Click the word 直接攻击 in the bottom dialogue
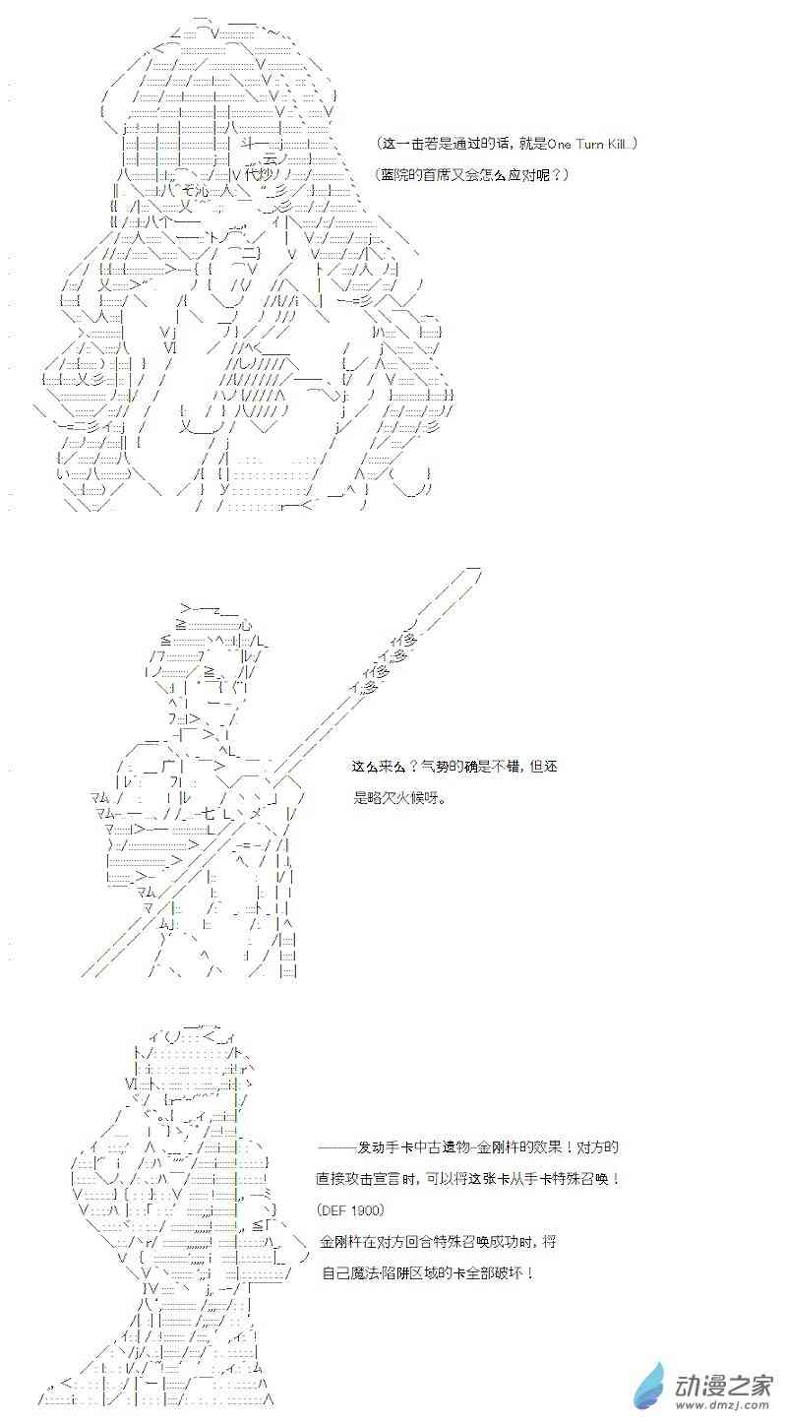click(x=341, y=1179)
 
